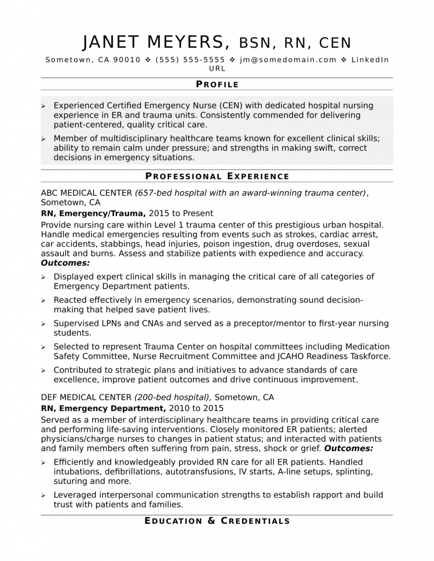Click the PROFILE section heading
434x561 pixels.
pos(217,84)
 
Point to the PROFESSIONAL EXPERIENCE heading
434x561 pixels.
pos(217,176)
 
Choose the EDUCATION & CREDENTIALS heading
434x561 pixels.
pos(217,520)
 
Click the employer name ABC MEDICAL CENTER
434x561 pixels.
pos(86,192)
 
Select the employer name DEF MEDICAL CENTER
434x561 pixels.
pos(86,397)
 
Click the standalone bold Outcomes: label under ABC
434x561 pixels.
pos(65,264)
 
